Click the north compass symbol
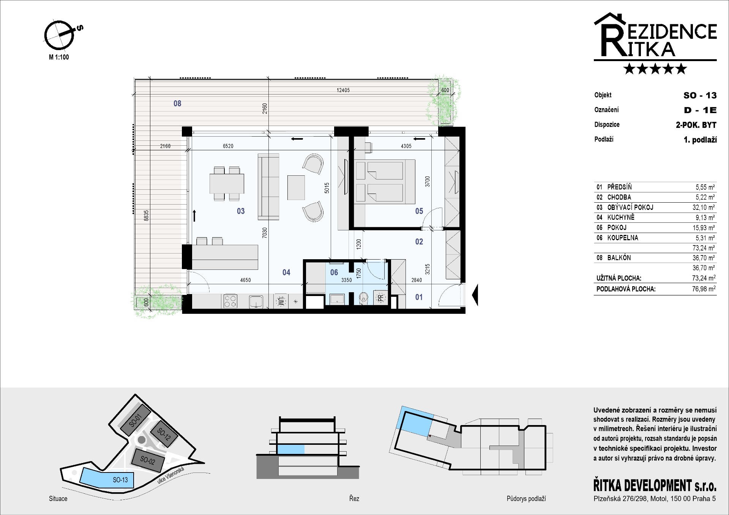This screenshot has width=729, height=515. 59,35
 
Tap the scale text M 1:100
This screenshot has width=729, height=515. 59,57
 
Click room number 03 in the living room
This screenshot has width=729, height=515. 241,211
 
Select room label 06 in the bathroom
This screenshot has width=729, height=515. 334,272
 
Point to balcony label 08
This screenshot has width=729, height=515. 177,103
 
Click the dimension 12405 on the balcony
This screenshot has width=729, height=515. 343,90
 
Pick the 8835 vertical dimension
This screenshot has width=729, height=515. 146,216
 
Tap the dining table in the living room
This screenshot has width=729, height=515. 227,184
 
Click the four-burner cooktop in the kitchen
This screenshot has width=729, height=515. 230,301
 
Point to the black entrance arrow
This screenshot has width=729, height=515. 475,295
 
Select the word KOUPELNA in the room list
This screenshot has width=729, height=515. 623,238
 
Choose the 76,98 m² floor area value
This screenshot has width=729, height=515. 704,289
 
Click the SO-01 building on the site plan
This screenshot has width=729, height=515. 136,421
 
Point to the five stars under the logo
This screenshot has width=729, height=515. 655,69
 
